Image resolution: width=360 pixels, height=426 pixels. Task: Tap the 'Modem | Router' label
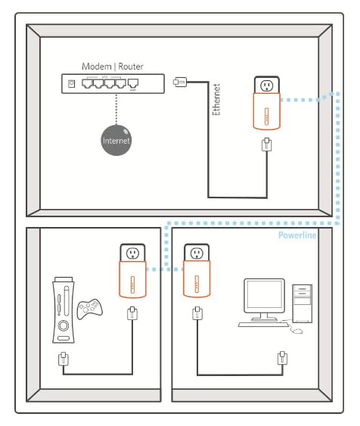[111, 67]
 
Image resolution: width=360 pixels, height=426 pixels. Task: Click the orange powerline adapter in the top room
[266, 116]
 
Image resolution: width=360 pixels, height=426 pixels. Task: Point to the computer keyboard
[261, 323]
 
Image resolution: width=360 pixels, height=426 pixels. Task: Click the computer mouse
[297, 330]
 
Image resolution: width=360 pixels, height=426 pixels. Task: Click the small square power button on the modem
[72, 84]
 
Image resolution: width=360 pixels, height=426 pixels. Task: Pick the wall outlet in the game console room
[132, 253]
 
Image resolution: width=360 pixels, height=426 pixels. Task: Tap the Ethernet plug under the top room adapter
[266, 145]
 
